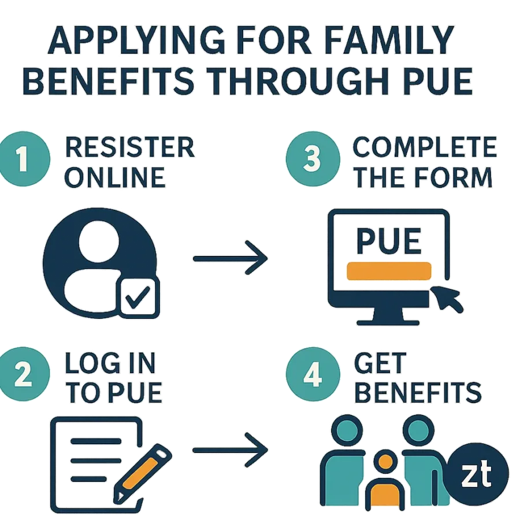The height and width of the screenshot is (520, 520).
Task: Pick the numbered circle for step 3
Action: tap(313, 158)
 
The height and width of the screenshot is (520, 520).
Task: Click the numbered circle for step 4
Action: tap(313, 374)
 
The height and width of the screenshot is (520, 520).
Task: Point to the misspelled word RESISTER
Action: tap(129, 147)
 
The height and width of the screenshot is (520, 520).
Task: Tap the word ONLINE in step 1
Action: tap(115, 177)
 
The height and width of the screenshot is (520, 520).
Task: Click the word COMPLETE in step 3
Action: tap(425, 147)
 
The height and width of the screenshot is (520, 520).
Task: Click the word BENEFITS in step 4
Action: tap(418, 392)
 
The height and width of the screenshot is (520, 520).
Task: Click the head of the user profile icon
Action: tap(99, 240)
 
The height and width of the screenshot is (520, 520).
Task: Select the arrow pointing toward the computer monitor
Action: tap(230, 258)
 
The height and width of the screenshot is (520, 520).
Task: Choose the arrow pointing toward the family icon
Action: tap(230, 450)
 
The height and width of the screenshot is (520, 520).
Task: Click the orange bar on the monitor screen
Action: tap(389, 271)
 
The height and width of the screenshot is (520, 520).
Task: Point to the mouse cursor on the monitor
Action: tap(447, 299)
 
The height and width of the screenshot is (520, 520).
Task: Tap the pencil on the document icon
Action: tap(143, 473)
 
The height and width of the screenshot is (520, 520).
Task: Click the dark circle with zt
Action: tap(478, 474)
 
